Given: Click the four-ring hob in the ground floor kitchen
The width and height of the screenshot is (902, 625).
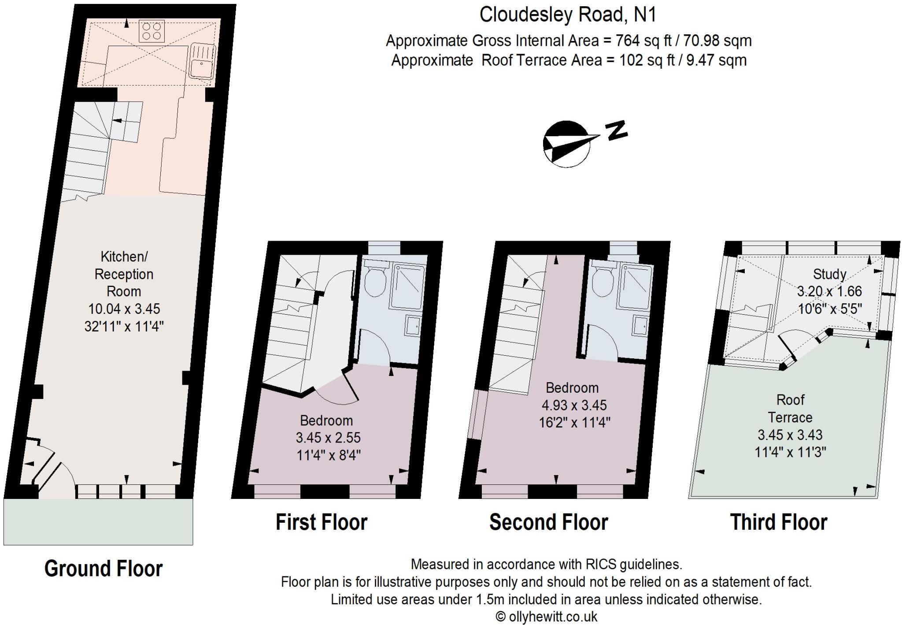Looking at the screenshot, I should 152,31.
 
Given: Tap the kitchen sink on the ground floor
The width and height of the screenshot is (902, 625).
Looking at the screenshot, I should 202,62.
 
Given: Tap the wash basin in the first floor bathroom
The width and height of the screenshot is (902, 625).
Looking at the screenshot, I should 413,326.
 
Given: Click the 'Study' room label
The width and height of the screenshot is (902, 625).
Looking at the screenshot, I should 829,274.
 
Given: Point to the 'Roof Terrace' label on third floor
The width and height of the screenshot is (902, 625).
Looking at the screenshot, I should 790,409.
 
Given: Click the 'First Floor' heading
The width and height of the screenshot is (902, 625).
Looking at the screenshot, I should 322,522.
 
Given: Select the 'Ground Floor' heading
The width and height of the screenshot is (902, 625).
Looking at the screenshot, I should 104,568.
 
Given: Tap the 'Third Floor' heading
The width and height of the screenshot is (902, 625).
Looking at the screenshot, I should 779,522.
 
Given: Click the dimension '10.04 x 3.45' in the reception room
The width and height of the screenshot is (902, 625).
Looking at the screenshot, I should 124,309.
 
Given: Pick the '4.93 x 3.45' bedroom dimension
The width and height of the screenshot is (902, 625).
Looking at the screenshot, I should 574,405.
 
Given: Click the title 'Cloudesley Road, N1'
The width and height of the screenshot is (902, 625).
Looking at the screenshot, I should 568,15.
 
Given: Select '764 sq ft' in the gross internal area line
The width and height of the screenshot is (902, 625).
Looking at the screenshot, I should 643,41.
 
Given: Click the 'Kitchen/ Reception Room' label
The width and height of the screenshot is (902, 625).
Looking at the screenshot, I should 124,274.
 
